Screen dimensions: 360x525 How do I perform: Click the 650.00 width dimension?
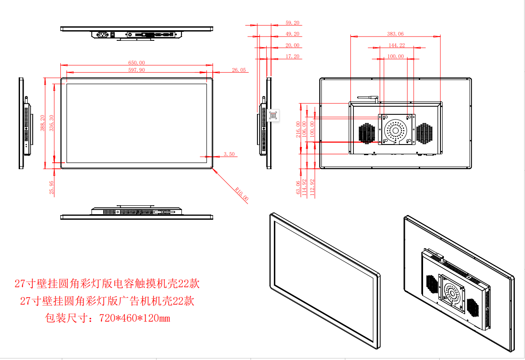coord(137,63)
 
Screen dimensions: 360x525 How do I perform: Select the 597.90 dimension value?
coord(137,70)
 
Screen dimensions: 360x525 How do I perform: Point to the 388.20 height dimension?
coord(42,123)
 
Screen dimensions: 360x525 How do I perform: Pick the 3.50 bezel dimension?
coord(229,154)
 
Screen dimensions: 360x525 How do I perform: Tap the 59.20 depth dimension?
coord(292,23)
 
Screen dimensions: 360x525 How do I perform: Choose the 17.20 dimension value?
coord(292,57)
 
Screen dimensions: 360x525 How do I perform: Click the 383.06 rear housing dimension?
coord(395,34)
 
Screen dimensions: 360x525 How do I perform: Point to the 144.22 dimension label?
coord(397,45)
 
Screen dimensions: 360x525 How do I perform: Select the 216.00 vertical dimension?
coord(298,129)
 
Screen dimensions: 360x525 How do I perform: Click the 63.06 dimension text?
coord(298,187)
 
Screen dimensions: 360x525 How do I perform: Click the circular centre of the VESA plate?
coord(395,129)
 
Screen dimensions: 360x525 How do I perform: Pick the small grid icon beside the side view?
coord(273,115)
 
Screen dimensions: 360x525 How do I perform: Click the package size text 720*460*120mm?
coord(134,318)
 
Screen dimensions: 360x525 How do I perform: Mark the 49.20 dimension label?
coord(292,34)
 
